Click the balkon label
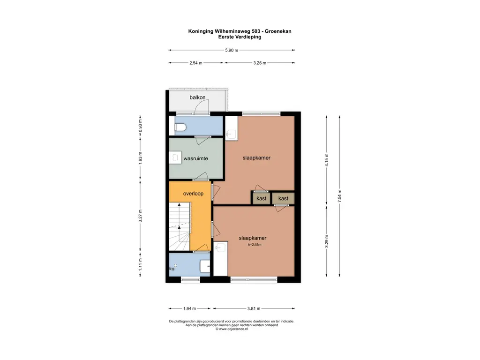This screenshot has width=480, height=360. [197, 97]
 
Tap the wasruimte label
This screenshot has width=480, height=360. [195, 158]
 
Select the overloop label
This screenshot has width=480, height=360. [193, 193]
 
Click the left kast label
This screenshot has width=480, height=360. [262, 199]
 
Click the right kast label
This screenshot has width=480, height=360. [283, 199]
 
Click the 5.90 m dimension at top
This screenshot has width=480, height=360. [232, 50]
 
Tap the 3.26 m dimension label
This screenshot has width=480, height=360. [259, 63]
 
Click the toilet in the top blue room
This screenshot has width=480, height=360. [181, 127]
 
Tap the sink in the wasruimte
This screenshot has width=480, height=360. [175, 157]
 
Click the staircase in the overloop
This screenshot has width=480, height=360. [179, 227]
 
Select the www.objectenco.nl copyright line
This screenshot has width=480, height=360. [232, 329]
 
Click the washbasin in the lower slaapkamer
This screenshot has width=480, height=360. [220, 247]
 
